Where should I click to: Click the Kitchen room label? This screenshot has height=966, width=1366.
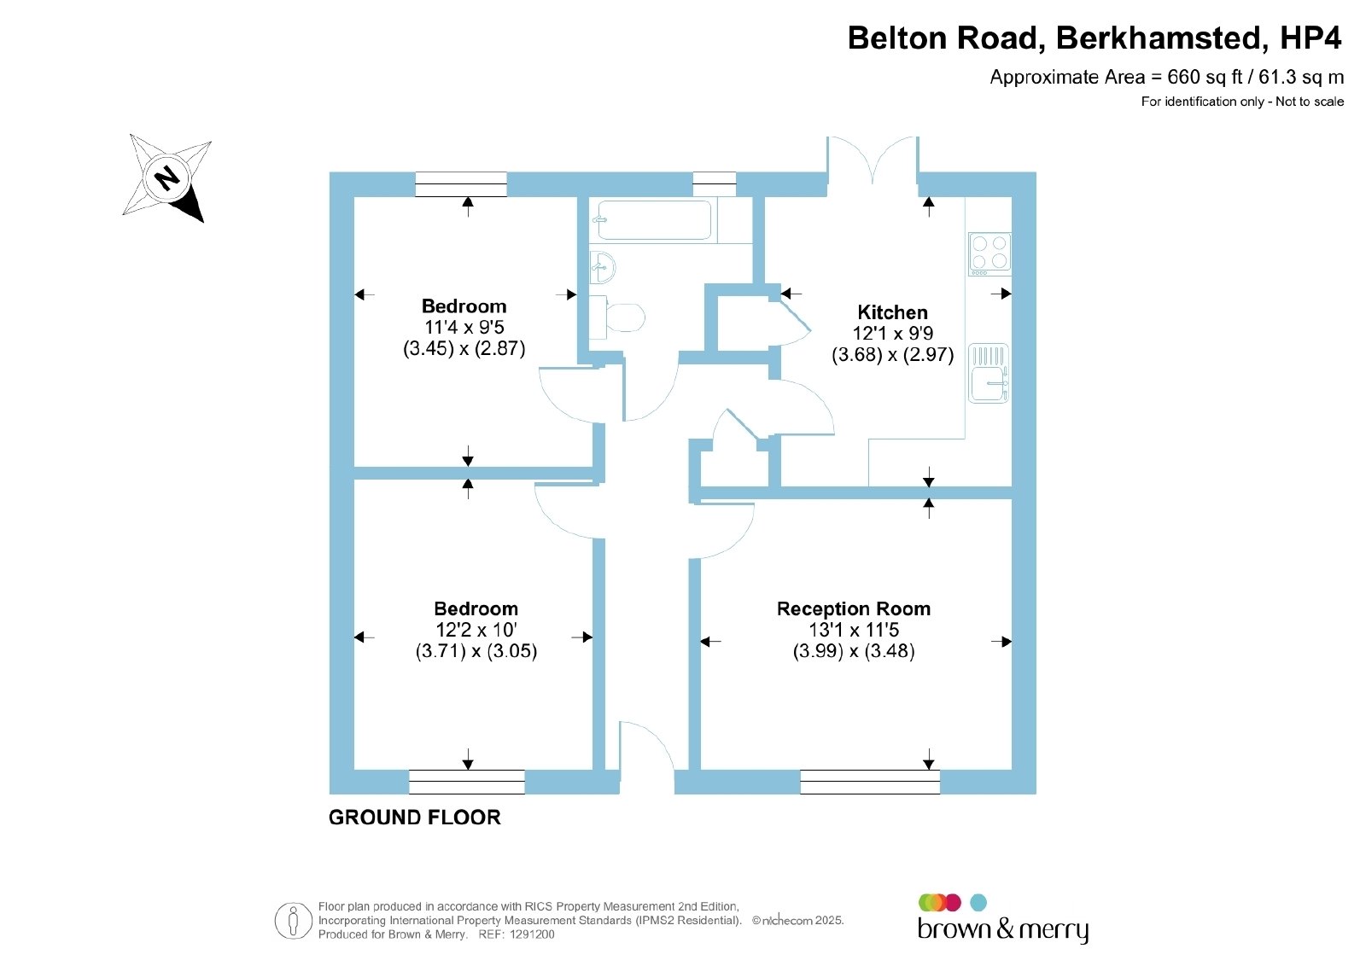click(x=892, y=312)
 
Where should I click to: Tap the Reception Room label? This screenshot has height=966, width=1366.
click(x=853, y=608)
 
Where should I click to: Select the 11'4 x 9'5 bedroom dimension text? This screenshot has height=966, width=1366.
click(x=464, y=328)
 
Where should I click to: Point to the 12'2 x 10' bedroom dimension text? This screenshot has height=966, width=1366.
click(x=476, y=630)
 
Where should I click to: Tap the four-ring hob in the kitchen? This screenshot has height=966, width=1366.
click(x=989, y=253)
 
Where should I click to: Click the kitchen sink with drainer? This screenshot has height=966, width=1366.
click(x=989, y=373)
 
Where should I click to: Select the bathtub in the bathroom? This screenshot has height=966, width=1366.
click(x=654, y=220)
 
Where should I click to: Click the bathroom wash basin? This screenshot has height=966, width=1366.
click(x=603, y=267)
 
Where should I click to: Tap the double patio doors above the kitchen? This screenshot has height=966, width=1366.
click(x=873, y=160)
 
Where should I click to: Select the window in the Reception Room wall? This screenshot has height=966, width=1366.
click(x=870, y=782)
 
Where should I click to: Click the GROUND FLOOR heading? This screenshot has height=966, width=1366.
click(x=415, y=818)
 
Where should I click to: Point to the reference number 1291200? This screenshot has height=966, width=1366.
click(x=532, y=934)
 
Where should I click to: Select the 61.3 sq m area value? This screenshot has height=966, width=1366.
click(x=1301, y=77)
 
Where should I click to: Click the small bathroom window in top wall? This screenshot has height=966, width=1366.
click(x=714, y=184)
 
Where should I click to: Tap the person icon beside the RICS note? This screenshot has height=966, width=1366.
click(x=294, y=921)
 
